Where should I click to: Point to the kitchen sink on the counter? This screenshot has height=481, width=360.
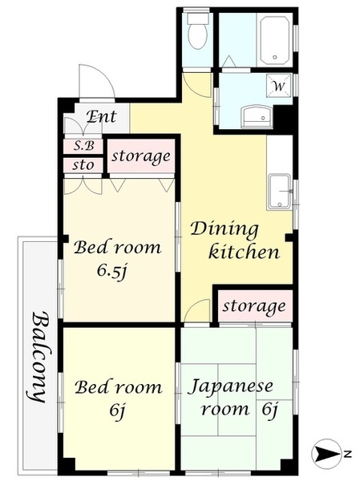(x=279, y=191)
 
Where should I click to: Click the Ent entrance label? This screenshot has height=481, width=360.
(x=102, y=117)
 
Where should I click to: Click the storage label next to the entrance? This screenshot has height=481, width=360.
(x=140, y=156)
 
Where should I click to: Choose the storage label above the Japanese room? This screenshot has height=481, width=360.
(x=253, y=306)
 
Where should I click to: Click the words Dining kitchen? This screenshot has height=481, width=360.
(x=233, y=240)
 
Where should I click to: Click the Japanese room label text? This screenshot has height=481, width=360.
(x=233, y=398)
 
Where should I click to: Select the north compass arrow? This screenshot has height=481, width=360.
(x=326, y=455)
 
